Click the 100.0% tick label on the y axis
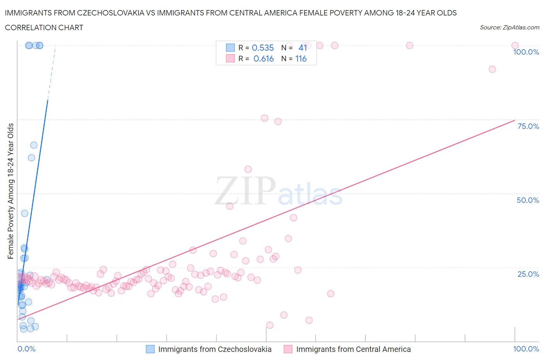pyautogui.click(x=526, y=52)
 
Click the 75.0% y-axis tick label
pyautogui.click(x=528, y=126)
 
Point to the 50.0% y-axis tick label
pyautogui.click(x=528, y=200)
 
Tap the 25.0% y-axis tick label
pyautogui.click(x=528, y=274)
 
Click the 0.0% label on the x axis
pyautogui.click(x=26, y=349)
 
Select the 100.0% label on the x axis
pyautogui.click(x=526, y=349)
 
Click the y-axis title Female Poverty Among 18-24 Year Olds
pyautogui.click(x=11, y=191)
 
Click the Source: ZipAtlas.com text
pyautogui.click(x=509, y=27)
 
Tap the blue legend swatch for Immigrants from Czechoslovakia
pyautogui.click(x=150, y=349)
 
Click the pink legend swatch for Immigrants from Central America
pyautogui.click(x=288, y=349)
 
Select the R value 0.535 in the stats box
pyautogui.click(x=263, y=48)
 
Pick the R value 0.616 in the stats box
pyautogui.click(x=263, y=58)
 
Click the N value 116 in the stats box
pyautogui.click(x=301, y=58)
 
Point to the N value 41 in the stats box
pyautogui.click(x=303, y=48)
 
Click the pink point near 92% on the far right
pyautogui.click(x=492, y=69)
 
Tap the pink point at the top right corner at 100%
pyautogui.click(x=515, y=46)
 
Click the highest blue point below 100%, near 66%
pyautogui.click(x=34, y=145)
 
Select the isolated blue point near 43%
pyautogui.click(x=24, y=213)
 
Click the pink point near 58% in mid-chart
pyautogui.click(x=248, y=169)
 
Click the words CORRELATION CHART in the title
pyautogui.click(x=44, y=27)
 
